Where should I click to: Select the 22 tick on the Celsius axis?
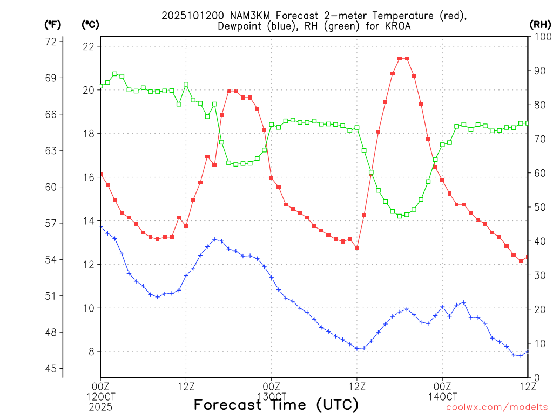(x=89, y=46)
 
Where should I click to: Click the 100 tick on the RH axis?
(x=541, y=37)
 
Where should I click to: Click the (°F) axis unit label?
(x=53, y=24)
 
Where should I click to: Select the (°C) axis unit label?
(x=90, y=24)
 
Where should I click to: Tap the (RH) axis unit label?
(x=539, y=24)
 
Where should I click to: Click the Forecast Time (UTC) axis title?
(x=276, y=404)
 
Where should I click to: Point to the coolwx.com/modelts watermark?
(x=497, y=407)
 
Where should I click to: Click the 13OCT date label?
(x=271, y=396)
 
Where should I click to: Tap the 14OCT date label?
(x=442, y=396)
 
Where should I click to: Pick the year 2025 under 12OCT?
(x=100, y=406)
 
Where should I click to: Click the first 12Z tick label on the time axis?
(x=186, y=386)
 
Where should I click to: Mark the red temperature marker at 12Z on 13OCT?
(x=357, y=248)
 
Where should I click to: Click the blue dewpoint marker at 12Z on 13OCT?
(x=357, y=348)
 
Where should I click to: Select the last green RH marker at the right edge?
(x=528, y=123)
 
